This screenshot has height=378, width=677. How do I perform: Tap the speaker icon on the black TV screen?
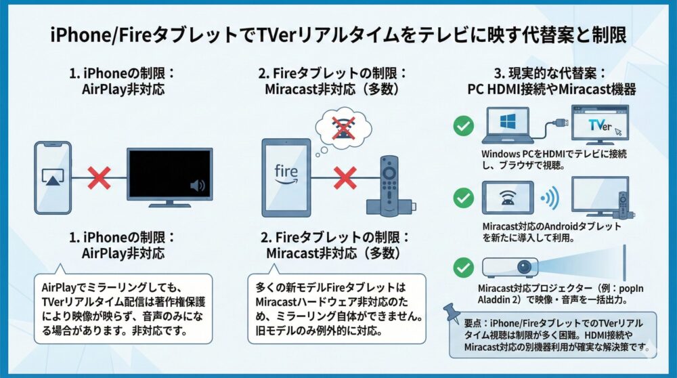click(198, 186)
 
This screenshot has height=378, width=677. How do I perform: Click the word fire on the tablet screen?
click(286, 169)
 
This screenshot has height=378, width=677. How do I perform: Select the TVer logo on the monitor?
click(600, 125)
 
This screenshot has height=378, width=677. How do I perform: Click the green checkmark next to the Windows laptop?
click(463, 125)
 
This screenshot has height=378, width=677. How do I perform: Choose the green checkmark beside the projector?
click(463, 268)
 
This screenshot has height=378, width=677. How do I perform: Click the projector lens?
click(527, 268)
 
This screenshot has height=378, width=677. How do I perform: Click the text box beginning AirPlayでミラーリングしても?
click(122, 308)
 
